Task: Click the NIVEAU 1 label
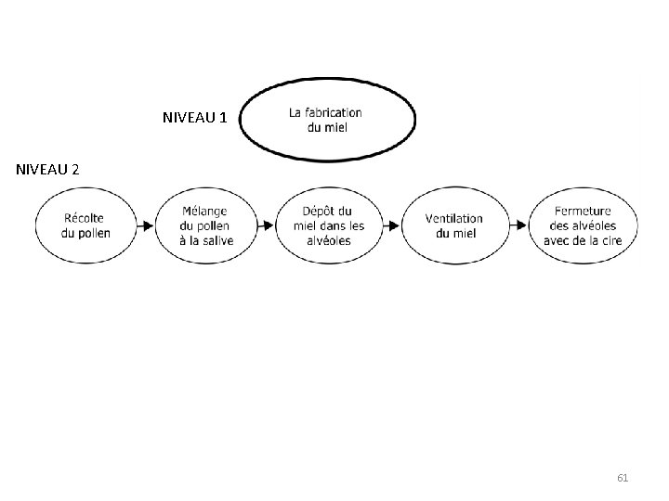pyautogui.click(x=194, y=118)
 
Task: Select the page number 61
pyautogui.click(x=623, y=478)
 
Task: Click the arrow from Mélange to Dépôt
pyautogui.click(x=268, y=225)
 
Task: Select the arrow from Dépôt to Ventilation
pyautogui.click(x=394, y=225)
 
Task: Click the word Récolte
pyautogui.click(x=84, y=218)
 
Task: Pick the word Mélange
pyautogui.click(x=204, y=212)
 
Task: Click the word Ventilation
pyautogui.click(x=454, y=218)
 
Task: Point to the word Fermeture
pyautogui.click(x=583, y=212)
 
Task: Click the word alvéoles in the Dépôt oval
pyautogui.click(x=329, y=240)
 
